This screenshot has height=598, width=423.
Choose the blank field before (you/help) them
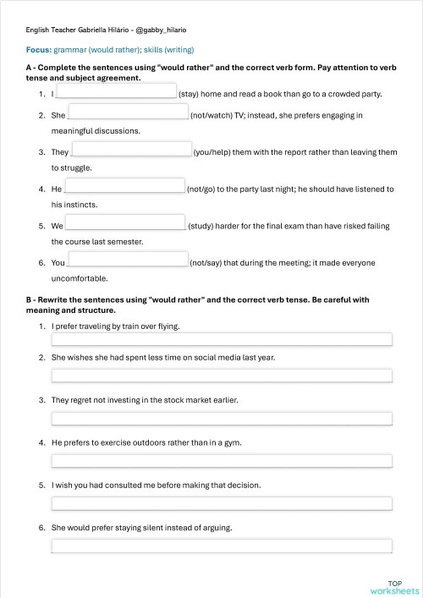point(132,150)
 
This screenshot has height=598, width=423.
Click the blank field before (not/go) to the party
point(124,186)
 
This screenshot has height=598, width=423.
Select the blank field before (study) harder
point(125,223)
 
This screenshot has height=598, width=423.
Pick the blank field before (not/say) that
point(128,260)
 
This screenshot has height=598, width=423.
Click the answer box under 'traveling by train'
point(222,340)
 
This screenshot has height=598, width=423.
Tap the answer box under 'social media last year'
point(222,376)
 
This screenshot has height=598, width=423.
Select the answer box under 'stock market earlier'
point(222,418)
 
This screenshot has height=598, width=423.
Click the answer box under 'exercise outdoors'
point(222,461)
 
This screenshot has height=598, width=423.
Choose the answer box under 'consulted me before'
point(222,503)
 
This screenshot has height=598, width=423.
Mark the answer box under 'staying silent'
point(222,546)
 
